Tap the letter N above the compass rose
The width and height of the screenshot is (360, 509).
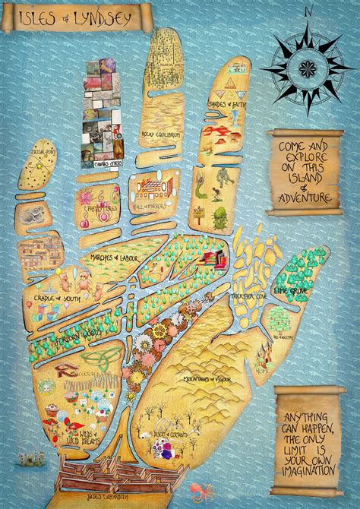click(309, 11)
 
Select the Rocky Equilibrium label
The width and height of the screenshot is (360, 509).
click(159, 135)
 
